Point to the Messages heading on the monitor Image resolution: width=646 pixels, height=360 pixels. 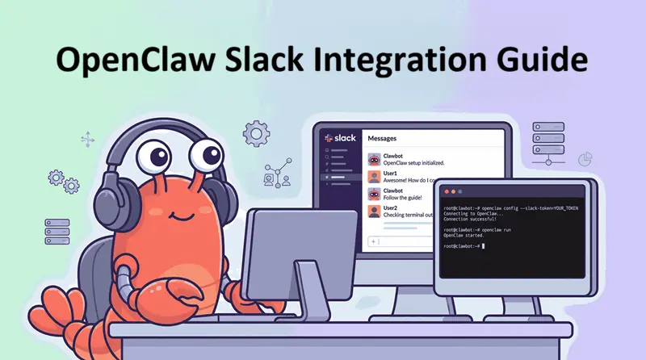[x=383, y=138]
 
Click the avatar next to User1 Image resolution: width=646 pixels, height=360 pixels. [x=375, y=176]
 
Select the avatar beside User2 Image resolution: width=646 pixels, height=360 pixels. [x=375, y=211]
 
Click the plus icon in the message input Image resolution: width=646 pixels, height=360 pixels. [x=375, y=241]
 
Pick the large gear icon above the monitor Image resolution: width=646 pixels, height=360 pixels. [x=256, y=132]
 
